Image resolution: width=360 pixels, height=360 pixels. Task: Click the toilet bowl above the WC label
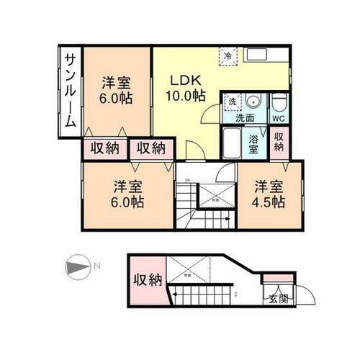pos(279,102)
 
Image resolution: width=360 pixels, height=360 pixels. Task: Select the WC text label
pos(279,118)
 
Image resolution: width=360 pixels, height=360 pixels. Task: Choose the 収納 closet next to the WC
pos(279,142)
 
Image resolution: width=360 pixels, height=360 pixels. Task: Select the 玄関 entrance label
pos(278,299)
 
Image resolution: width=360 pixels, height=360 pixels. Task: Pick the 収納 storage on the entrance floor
pos(147,280)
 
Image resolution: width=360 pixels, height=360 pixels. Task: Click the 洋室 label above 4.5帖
pos(268,186)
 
